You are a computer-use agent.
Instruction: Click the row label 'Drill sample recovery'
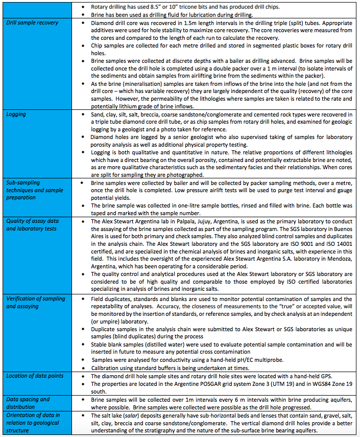click(x=32, y=23)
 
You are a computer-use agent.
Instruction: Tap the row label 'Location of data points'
click(x=35, y=376)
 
